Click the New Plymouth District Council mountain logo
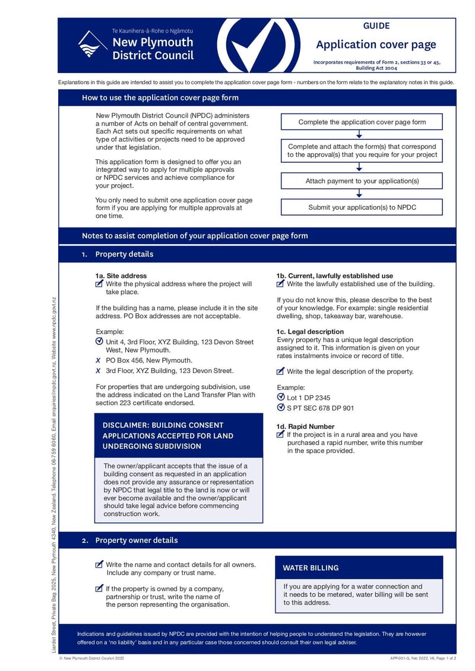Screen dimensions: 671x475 93,44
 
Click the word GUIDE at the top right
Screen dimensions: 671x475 376,26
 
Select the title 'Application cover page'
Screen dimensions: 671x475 376,45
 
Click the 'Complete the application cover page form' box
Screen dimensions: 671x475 362,122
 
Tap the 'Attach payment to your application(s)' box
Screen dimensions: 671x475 362,181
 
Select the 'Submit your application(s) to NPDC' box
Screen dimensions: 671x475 362,207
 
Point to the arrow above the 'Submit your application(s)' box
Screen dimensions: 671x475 359,194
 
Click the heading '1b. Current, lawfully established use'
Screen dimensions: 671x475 334,276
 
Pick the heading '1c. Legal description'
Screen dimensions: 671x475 310,331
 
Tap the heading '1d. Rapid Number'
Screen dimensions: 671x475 305,426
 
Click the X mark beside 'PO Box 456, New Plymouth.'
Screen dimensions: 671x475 99,360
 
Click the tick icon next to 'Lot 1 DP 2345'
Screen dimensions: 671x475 281,397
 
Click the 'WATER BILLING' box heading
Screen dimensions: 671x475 311,568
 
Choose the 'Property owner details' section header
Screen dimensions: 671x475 136,540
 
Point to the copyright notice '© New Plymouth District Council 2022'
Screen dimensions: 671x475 92,659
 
